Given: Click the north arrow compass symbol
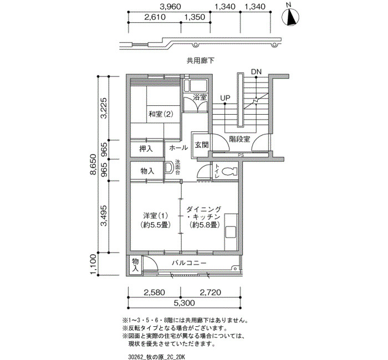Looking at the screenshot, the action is click(290, 17).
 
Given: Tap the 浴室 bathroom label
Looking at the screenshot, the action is click(200, 97).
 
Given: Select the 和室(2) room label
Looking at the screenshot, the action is click(161, 114).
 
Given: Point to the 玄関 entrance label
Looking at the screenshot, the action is click(201, 145).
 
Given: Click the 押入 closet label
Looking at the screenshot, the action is click(146, 148).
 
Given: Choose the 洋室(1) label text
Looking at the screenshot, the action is click(155, 215).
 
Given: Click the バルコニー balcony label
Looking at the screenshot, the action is click(189, 263).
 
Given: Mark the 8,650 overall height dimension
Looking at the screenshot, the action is click(93, 164).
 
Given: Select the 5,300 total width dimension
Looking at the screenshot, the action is click(184, 302).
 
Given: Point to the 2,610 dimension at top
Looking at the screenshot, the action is click(155, 17).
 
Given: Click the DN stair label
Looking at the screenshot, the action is click(256, 71).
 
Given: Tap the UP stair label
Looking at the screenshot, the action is click(225, 98).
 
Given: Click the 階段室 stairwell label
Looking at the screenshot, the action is click(239, 139).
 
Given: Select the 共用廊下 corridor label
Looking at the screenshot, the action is click(201, 60).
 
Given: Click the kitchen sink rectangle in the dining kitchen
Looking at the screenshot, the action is click(231, 232).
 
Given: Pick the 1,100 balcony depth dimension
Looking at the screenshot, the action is click(93, 264).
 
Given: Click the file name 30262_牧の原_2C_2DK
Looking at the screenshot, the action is click(157, 357).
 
